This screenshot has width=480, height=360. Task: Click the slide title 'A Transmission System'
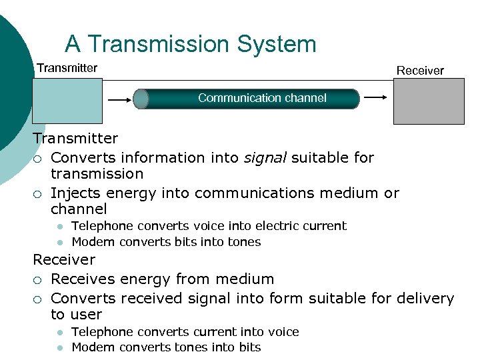click(x=190, y=44)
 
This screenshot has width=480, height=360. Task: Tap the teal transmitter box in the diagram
click(x=67, y=101)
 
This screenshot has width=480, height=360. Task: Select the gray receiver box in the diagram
click(x=429, y=101)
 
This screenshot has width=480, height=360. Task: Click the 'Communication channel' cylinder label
click(x=262, y=98)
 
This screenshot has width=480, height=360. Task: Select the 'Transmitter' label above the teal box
click(x=67, y=68)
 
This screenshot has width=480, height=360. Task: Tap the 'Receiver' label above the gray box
click(x=420, y=71)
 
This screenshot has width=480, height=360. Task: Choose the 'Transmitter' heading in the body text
click(x=75, y=139)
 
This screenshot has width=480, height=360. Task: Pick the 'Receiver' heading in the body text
click(x=64, y=260)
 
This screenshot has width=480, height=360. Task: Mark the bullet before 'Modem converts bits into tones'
click(x=59, y=243)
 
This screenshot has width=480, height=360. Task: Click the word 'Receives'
click(x=81, y=279)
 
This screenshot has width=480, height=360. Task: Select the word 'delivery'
click(x=425, y=299)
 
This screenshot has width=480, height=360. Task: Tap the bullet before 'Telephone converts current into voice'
click(x=59, y=333)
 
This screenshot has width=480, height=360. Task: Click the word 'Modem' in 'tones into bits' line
click(x=91, y=347)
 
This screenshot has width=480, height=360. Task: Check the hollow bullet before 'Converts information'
click(x=39, y=159)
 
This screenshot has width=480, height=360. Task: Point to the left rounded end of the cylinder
click(x=141, y=99)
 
